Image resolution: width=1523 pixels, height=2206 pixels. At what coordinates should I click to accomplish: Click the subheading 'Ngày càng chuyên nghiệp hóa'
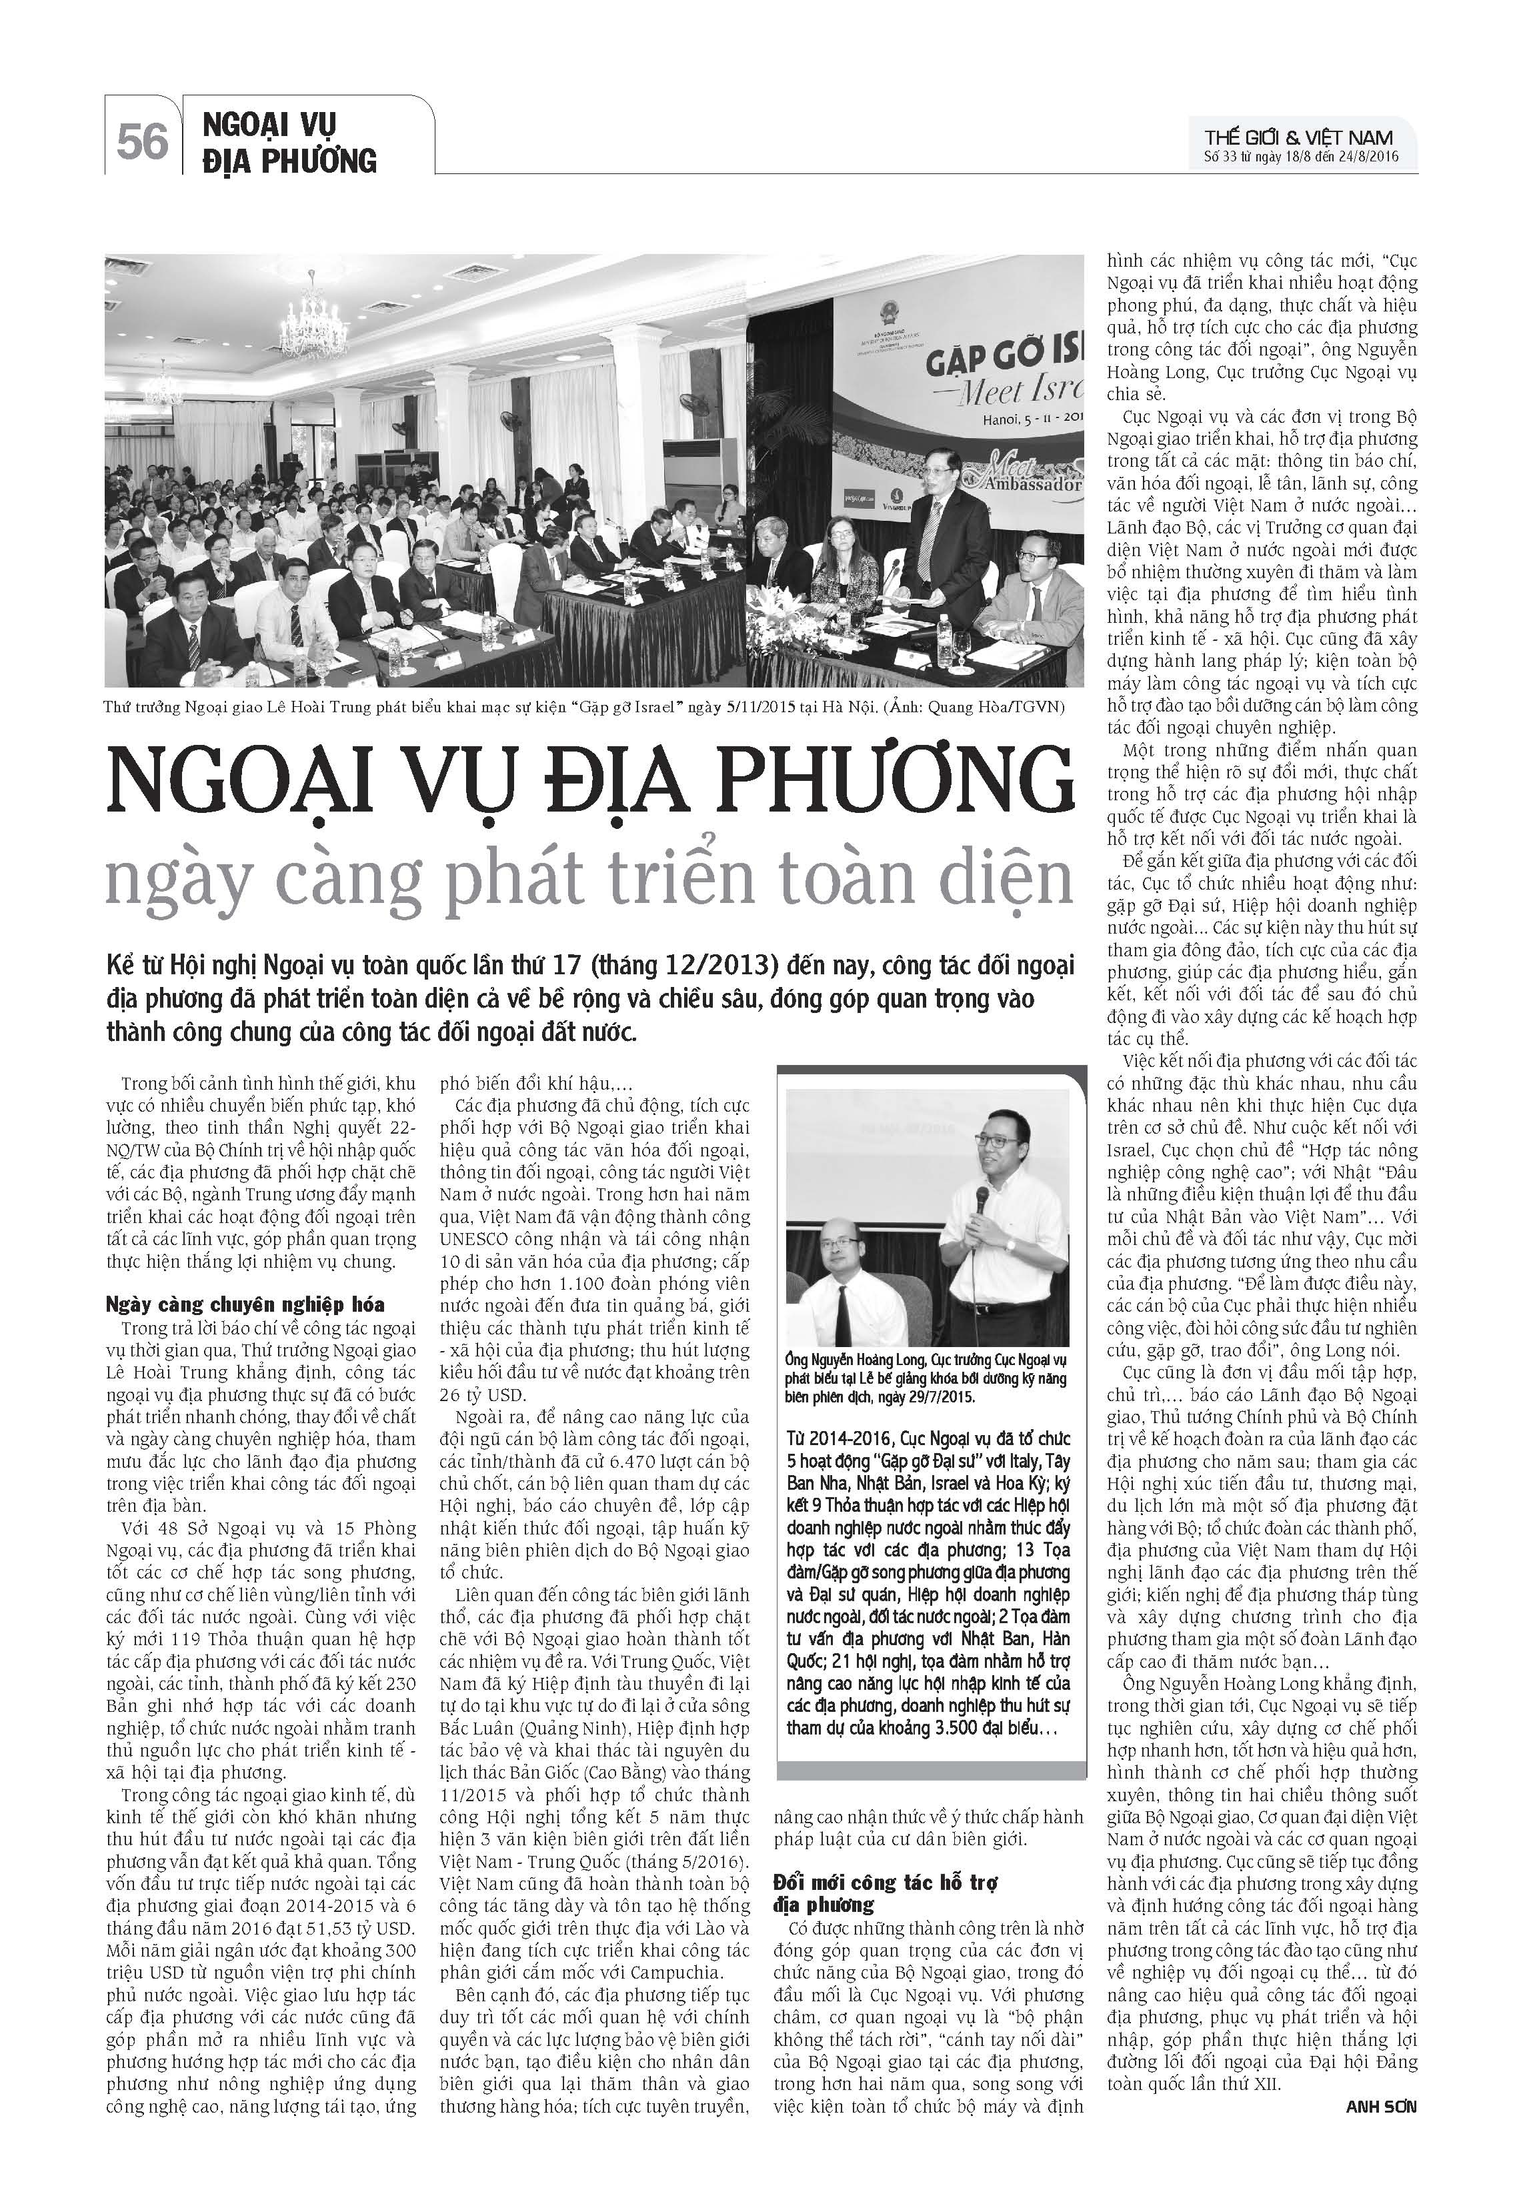click(x=245, y=1304)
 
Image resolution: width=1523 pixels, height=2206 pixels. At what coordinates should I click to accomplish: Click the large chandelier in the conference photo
click(x=313, y=319)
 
